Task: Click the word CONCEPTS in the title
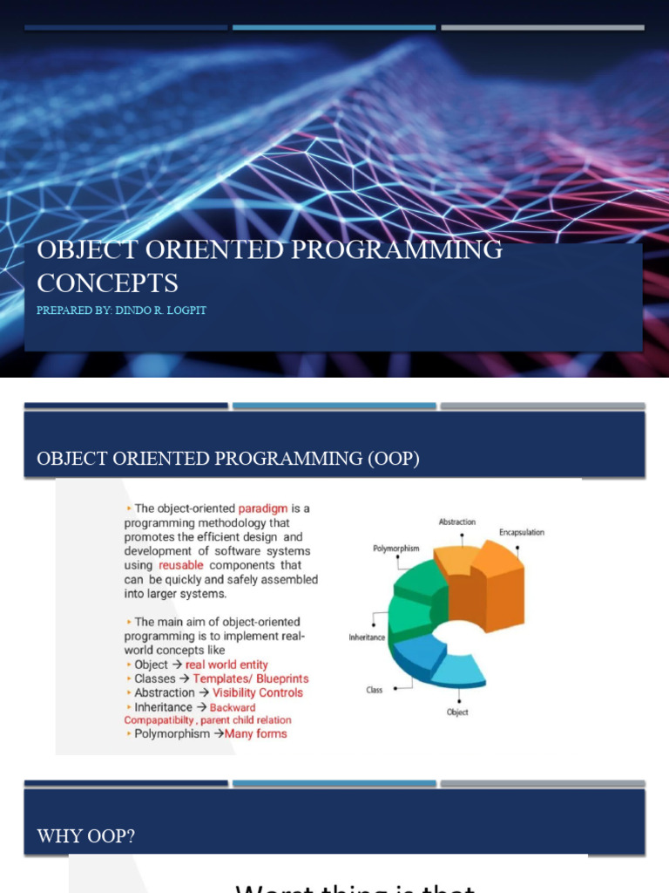pyautogui.click(x=108, y=283)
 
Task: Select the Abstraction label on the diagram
pyautogui.click(x=456, y=522)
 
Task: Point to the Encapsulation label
pyautogui.click(x=521, y=532)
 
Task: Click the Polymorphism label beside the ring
pyautogui.click(x=396, y=549)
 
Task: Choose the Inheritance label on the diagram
pyautogui.click(x=367, y=637)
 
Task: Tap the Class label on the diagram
pyautogui.click(x=374, y=690)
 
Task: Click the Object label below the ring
pyautogui.click(x=457, y=712)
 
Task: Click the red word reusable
pyautogui.click(x=182, y=565)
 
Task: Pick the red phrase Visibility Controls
pyautogui.click(x=258, y=692)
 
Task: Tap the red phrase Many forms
pyautogui.click(x=256, y=733)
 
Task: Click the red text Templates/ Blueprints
pyautogui.click(x=250, y=678)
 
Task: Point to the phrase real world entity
pyautogui.click(x=226, y=665)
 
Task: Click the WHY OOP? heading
pyautogui.click(x=86, y=836)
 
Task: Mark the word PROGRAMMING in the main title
pyautogui.click(x=398, y=249)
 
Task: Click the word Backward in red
pyautogui.click(x=233, y=707)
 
